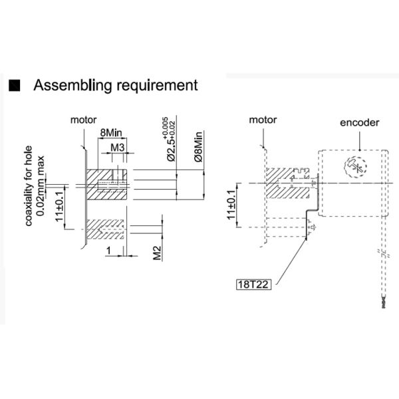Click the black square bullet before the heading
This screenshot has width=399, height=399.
[15, 86]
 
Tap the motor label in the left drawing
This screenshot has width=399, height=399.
[84, 120]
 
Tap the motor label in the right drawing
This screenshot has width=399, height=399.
[262, 120]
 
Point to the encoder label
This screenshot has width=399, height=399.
[359, 123]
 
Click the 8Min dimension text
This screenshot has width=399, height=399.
[110, 133]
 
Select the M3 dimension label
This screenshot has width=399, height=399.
[118, 146]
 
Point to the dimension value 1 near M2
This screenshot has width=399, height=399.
[108, 249]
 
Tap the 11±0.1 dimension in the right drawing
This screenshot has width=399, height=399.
[231, 205]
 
